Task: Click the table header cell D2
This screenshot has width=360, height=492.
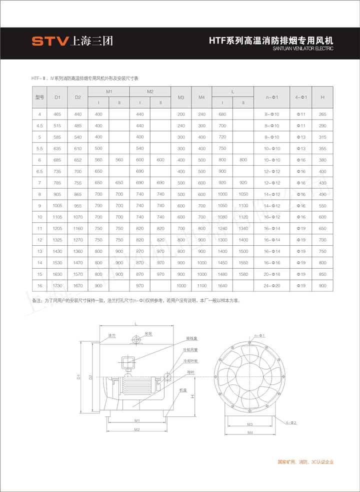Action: coord(77,97)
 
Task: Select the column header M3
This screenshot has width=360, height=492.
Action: coord(181,97)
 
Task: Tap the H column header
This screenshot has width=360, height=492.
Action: coord(322,97)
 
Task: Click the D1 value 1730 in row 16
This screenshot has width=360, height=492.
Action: coord(57,285)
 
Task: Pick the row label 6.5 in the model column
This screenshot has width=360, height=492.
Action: coord(39,172)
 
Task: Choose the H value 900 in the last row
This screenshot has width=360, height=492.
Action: coord(322,285)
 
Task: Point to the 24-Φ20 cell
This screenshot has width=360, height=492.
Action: coord(272,285)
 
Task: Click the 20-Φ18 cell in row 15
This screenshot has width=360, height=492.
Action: coord(272,274)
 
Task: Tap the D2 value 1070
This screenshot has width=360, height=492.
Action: coord(77,217)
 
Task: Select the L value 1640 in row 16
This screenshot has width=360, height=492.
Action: coord(222,285)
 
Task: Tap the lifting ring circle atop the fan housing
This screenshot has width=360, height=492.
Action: coord(135,340)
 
